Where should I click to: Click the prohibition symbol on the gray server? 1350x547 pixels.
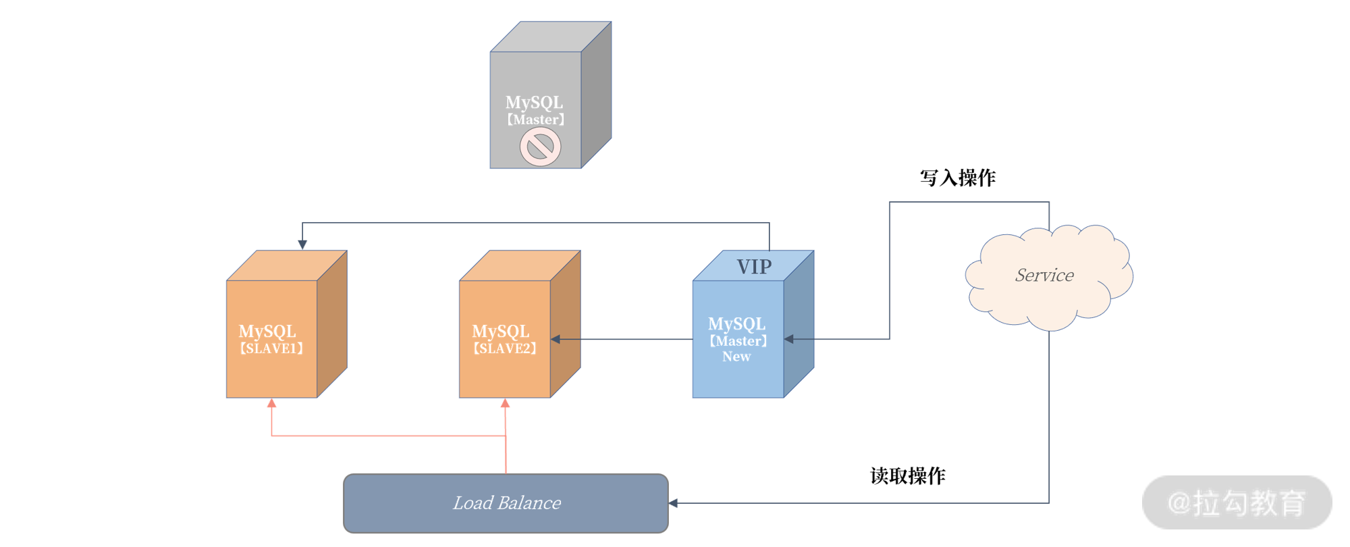click(x=540, y=147)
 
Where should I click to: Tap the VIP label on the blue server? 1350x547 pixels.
click(x=754, y=267)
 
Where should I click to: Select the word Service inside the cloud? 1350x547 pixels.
click(x=1044, y=275)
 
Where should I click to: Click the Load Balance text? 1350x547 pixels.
click(x=506, y=503)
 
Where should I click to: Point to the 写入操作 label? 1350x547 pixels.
click(x=957, y=178)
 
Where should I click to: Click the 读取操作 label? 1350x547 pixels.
click(x=908, y=476)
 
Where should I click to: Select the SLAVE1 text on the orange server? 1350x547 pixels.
click(x=271, y=348)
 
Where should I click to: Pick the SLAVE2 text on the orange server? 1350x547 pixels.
click(x=505, y=348)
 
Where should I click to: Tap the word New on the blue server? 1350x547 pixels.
click(x=736, y=357)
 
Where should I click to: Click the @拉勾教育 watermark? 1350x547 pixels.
click(x=1237, y=503)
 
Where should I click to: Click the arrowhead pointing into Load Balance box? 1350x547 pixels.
click(x=673, y=503)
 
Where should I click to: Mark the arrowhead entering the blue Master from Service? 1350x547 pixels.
click(x=789, y=339)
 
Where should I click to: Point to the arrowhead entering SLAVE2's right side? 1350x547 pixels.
click(x=556, y=339)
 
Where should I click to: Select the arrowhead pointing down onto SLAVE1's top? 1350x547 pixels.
click(x=302, y=244)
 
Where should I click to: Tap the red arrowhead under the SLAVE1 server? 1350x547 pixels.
click(x=271, y=403)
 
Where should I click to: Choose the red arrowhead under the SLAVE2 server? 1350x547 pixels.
click(x=505, y=403)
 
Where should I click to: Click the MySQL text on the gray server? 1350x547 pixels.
click(x=534, y=103)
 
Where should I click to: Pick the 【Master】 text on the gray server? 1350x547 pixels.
click(x=535, y=120)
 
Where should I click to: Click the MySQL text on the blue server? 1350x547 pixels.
click(x=736, y=324)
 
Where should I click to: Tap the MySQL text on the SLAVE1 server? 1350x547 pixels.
click(x=267, y=332)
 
